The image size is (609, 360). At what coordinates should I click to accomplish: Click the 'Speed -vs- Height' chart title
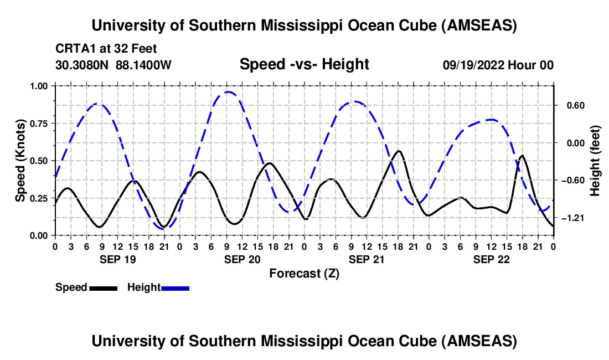304,64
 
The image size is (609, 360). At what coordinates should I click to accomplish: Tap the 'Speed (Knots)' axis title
20,161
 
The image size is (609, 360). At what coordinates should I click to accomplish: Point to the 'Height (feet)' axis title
595,161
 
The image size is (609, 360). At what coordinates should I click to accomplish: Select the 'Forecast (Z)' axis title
304,273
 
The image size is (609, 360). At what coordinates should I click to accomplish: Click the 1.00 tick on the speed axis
39,86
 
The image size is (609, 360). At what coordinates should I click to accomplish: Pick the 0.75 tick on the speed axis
39,124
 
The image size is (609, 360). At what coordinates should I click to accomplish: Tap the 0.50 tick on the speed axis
39,161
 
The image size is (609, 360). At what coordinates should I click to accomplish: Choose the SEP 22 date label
492,259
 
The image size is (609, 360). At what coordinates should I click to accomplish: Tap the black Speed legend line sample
103,287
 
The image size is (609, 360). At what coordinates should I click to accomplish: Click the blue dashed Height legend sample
175,287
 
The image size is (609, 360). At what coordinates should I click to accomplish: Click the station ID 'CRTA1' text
71,48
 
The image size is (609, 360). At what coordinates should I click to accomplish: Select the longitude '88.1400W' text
144,65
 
